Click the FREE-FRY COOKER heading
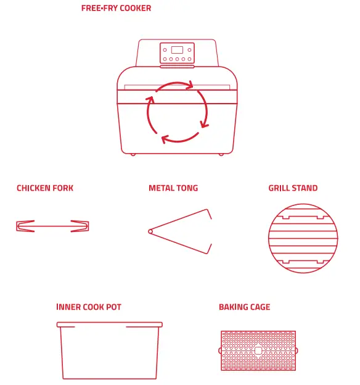coord(116,9)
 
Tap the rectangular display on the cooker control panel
coord(177,50)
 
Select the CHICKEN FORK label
coord(45,188)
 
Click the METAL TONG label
coord(173,188)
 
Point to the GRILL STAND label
coord(293,188)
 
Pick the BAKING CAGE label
coord(244,307)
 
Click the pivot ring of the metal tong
coord(150,231)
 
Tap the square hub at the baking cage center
coord(258,350)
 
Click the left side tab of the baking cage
coord(220,350)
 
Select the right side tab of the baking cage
coord(297,350)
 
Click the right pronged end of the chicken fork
coord(80,226)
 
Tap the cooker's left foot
coord(133,154)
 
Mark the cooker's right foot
coord(220,154)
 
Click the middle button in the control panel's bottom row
coord(177,60)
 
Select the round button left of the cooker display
coord(165,50)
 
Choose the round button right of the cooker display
coord(189,50)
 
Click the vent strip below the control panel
coord(177,67)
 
